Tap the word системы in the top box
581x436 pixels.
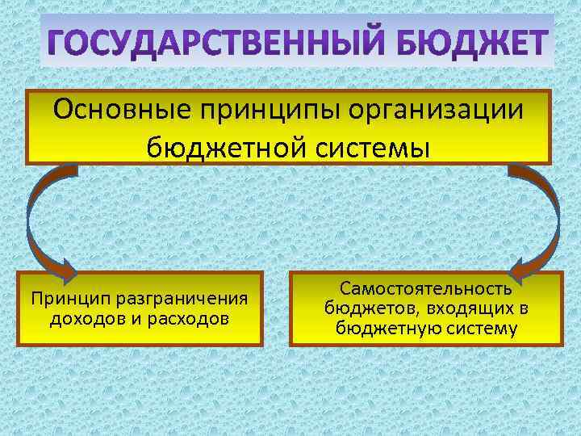[x=374, y=147]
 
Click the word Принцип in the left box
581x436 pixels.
[x=69, y=300]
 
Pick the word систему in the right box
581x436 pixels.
[x=479, y=328]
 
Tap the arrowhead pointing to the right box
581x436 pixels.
[x=520, y=266]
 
